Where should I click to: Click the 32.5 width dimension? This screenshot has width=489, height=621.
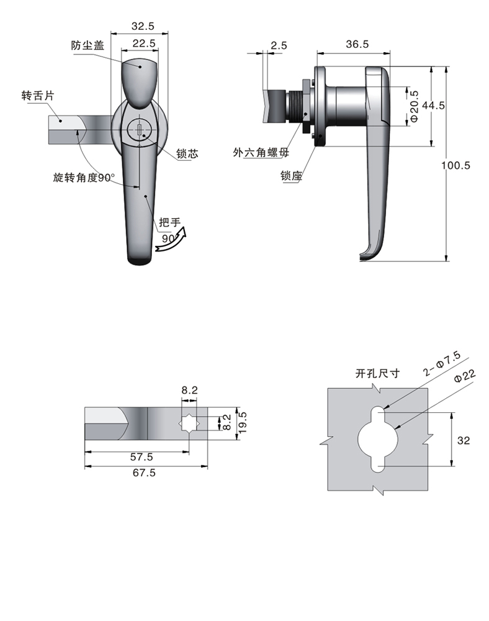pos(142,26)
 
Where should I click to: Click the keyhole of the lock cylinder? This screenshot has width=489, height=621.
pos(141,130)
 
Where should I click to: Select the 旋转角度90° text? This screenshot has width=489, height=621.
pos(85,178)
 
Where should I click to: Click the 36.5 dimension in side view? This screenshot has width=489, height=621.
pos(357,44)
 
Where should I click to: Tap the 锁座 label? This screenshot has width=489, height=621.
pos(290,176)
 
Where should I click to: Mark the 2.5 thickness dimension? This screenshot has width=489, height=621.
pos(279,45)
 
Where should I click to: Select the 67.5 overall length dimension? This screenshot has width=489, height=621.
pos(143,473)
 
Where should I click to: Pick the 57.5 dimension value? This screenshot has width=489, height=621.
pos(142,456)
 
